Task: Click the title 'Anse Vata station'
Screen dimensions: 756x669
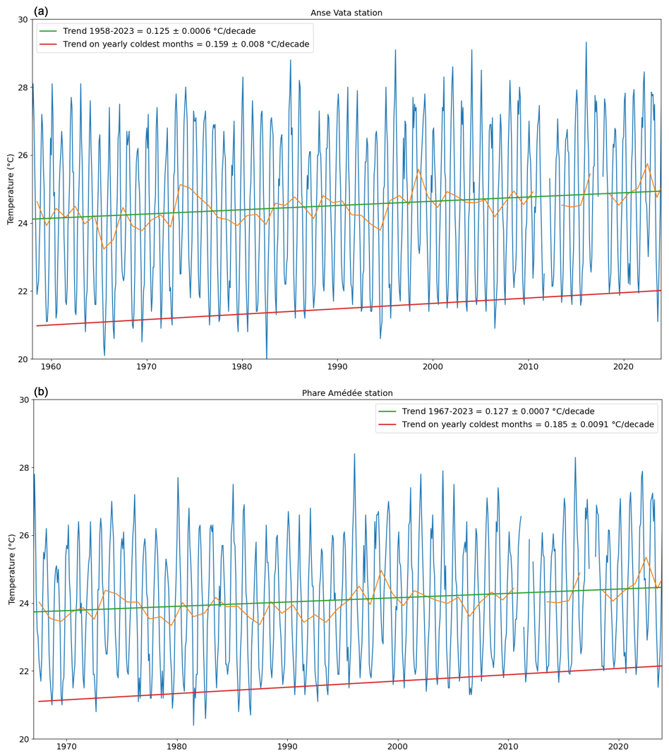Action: point(346,13)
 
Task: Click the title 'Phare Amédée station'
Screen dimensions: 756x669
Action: point(347,393)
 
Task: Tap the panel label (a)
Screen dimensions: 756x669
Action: point(41,11)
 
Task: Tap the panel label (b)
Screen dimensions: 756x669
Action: point(41,392)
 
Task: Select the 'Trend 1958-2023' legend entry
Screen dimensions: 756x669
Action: point(159,31)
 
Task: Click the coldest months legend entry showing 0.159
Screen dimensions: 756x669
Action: point(186,44)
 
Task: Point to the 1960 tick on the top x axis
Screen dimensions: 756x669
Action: point(51,368)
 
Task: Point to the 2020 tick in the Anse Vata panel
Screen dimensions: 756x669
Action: point(623,368)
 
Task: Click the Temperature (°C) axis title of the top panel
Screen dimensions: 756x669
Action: point(11,188)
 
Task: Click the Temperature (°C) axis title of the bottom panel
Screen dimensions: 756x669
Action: point(11,569)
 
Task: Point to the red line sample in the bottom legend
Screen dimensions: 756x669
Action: point(387,425)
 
